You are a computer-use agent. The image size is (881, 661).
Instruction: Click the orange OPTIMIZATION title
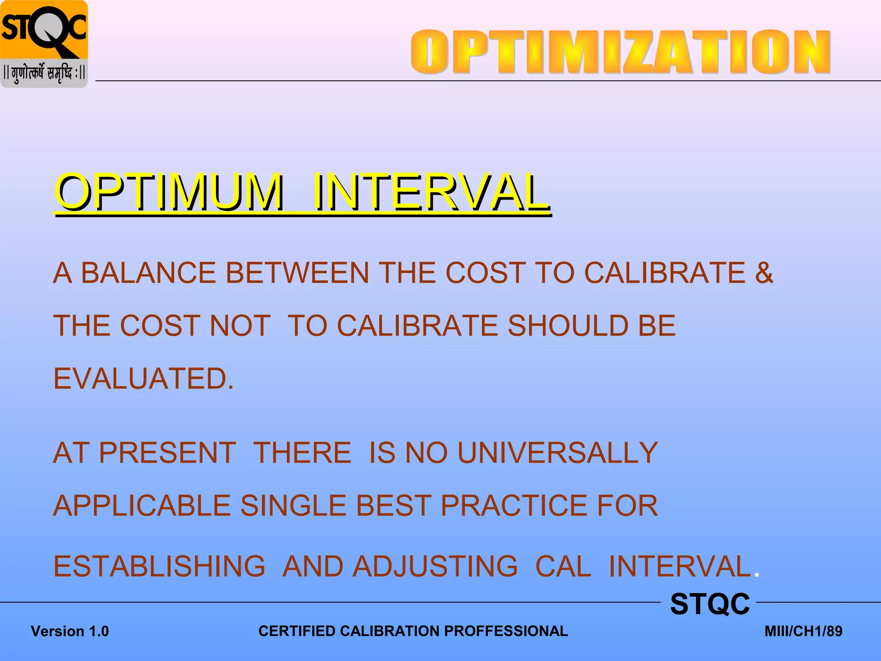[x=620, y=52]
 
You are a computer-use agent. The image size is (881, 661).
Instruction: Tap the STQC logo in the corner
[x=44, y=30]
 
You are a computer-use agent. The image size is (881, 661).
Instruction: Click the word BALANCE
[x=148, y=273]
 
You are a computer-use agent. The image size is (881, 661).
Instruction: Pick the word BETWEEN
[x=297, y=273]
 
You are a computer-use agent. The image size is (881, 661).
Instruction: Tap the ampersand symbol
[x=764, y=273]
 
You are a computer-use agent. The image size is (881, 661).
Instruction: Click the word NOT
[x=240, y=326]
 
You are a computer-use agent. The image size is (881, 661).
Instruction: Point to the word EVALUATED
[x=143, y=379]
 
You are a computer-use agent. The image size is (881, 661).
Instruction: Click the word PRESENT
[x=167, y=453]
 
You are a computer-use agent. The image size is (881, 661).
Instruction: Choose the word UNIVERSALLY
[x=558, y=453]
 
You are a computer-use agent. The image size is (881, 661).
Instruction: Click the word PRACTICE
[x=514, y=506]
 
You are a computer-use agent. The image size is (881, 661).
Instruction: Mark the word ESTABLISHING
[x=159, y=566]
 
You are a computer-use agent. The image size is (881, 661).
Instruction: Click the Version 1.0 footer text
[x=70, y=631]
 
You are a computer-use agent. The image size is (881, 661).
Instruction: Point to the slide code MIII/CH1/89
[x=803, y=631]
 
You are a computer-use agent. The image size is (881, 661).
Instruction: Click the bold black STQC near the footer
[x=710, y=604]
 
